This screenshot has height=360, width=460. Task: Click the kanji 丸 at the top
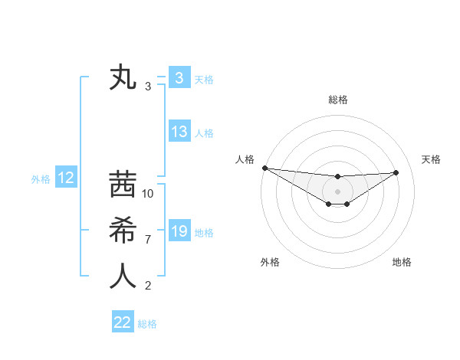tap(123, 78)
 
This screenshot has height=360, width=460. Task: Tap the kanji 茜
tap(123, 186)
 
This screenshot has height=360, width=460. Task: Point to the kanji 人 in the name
tap(123, 276)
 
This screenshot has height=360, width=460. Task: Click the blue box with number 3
tap(179, 78)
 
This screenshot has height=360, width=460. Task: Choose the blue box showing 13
tap(179, 132)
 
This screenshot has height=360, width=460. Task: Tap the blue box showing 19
tap(179, 231)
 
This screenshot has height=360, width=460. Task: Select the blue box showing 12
tap(65, 178)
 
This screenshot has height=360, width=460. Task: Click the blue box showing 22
tap(123, 322)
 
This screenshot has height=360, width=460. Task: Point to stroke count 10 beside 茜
tap(148, 194)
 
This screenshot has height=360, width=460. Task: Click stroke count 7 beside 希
tap(148, 240)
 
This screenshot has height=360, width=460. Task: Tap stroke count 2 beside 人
tap(148, 286)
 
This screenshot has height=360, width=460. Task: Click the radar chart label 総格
tap(338, 100)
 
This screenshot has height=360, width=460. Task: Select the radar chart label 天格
tap(432, 159)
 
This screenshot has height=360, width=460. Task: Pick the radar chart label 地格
tap(402, 262)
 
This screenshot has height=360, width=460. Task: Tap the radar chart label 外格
tap(270, 262)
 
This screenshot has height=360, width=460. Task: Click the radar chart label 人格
tap(245, 159)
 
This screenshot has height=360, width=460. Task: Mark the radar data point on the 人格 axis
tap(264, 168)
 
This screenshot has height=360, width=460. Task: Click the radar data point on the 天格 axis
tap(396, 172)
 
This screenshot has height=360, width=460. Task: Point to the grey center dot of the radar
tap(337, 191)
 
